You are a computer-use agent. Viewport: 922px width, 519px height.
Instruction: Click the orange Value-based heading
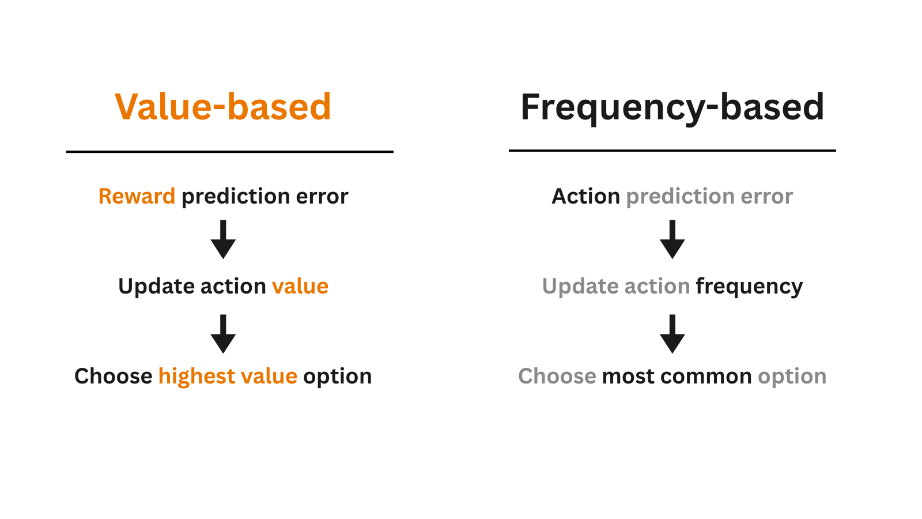(223, 107)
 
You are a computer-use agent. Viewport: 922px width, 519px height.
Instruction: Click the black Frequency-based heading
(672, 107)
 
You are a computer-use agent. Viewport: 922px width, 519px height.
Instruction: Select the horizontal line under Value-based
(229, 152)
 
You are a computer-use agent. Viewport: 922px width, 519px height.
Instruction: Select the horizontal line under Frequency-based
(672, 151)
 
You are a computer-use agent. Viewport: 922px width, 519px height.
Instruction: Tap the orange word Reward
(137, 197)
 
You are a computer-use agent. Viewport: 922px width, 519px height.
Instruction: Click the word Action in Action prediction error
(585, 197)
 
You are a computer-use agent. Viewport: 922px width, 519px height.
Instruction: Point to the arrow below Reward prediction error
(223, 239)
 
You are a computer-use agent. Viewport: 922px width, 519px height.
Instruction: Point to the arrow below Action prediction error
(672, 239)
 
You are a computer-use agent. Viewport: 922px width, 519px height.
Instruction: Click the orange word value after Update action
(300, 287)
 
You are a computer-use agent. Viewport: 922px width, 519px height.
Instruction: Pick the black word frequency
(749, 287)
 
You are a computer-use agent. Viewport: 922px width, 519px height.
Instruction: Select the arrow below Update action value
(223, 334)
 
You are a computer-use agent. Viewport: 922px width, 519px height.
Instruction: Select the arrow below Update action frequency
(672, 334)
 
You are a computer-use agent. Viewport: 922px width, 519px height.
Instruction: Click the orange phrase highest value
(228, 377)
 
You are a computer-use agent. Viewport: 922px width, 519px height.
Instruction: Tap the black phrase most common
(677, 377)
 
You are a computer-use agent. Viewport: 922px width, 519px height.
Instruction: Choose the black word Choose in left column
(113, 377)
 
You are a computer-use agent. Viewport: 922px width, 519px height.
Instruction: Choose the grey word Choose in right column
(557, 377)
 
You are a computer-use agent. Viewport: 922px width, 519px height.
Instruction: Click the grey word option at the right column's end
(792, 377)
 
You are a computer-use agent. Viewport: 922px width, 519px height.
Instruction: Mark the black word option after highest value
(337, 377)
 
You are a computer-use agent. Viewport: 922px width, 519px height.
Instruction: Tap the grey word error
(766, 197)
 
